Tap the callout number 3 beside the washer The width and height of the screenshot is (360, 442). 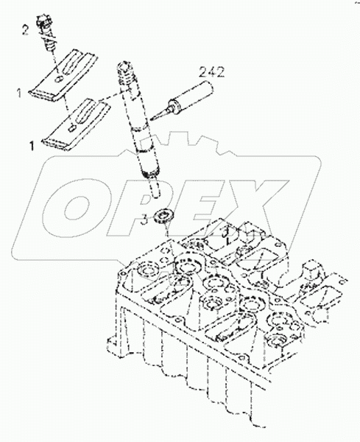pyautogui.click(x=146, y=217)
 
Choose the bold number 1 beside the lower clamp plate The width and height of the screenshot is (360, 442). pyautogui.click(x=31, y=146)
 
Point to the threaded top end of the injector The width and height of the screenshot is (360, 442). pyautogui.click(x=124, y=71)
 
